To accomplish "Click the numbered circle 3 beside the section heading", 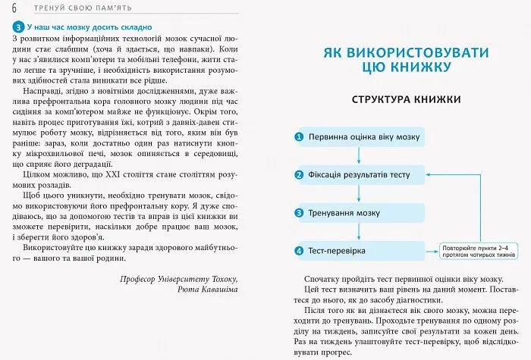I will coord(18,26).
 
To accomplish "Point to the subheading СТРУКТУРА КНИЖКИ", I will coord(406,99).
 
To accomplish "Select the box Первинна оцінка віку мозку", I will coord(357,137).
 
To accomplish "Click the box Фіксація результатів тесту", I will coord(357,174).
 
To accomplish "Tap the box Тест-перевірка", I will coord(357,250).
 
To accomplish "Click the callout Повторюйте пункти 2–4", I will coord(475,250).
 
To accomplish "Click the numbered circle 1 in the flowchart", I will coord(300,137).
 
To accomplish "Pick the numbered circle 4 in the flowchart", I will coord(300,250).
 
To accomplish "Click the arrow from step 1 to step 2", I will coord(357,155).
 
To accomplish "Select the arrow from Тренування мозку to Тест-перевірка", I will coord(357,231).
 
